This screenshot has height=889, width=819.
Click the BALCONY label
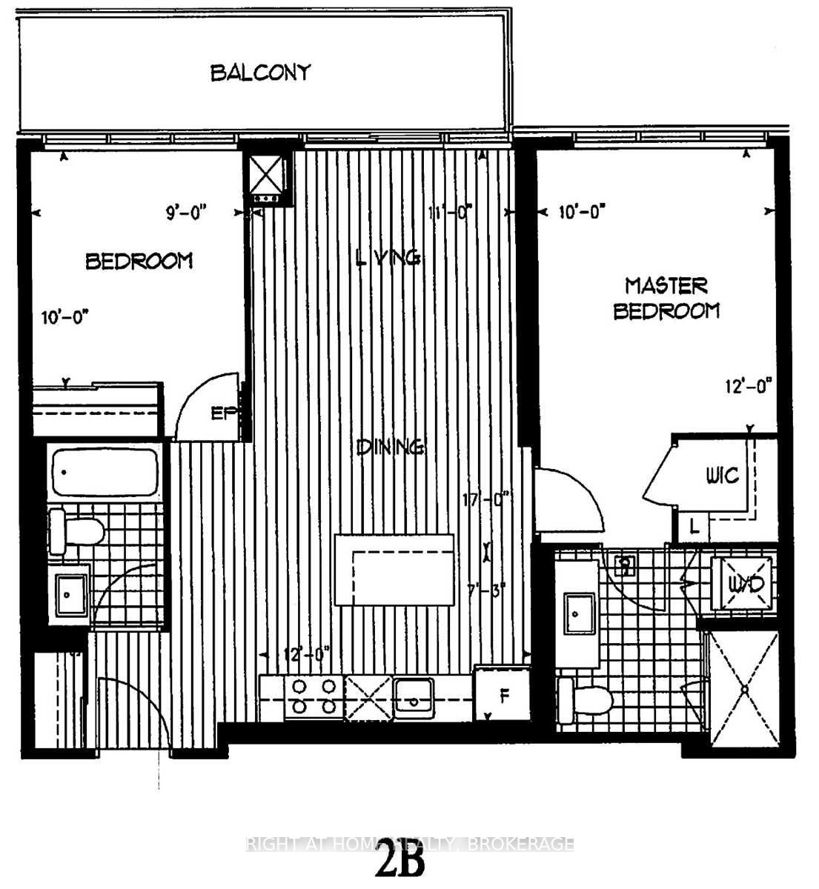(260, 73)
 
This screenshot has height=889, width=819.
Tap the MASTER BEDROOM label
(666, 298)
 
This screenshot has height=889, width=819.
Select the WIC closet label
(722, 475)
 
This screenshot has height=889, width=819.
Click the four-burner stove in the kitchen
(312, 696)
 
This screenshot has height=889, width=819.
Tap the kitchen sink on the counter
(415, 696)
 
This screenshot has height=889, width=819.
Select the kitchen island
(394, 569)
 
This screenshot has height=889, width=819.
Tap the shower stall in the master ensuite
(744, 690)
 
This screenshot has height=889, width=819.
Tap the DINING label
(390, 447)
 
